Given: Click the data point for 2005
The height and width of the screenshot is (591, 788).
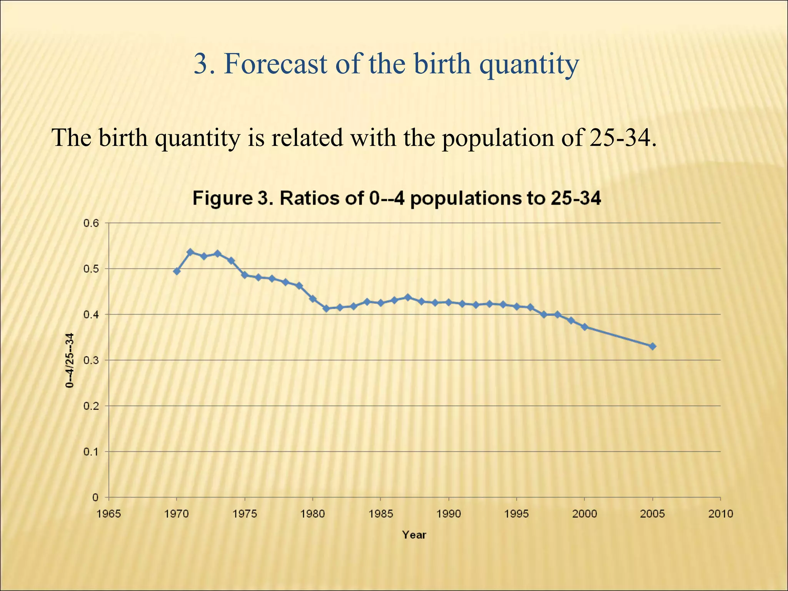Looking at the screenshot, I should tap(653, 346).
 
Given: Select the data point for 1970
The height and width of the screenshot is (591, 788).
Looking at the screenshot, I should tap(177, 271).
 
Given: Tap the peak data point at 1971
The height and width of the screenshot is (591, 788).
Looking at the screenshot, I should tap(190, 252).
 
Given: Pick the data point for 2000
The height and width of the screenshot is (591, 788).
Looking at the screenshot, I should tap(584, 327).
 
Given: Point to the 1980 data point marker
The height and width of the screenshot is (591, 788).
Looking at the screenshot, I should tap(313, 299).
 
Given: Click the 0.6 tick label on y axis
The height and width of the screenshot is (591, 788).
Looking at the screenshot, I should tap(91, 223).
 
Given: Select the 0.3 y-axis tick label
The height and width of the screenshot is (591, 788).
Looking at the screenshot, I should tap(91, 361).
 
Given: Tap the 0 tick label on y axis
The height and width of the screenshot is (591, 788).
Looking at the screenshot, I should tap(95, 498).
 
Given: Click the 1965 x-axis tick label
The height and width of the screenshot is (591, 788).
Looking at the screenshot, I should tap(109, 514).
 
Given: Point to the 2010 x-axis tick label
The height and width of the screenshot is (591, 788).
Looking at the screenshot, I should tap(721, 514).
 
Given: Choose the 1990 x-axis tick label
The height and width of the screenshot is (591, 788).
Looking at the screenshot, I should tap(449, 514).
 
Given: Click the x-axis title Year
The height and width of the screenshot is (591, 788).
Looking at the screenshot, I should tap(414, 535).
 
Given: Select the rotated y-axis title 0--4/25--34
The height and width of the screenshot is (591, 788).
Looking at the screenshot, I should tap(70, 361).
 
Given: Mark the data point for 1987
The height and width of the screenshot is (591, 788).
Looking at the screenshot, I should tap(408, 297).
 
